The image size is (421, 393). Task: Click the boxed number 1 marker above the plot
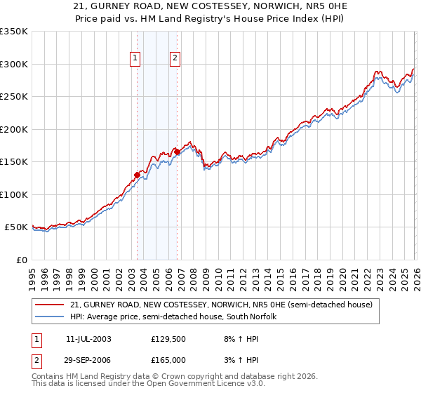point(135,59)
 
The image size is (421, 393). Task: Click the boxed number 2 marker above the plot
point(175,59)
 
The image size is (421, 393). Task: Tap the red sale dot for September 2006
point(177,152)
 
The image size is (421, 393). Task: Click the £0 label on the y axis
point(21,260)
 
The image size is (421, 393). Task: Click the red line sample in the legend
point(51,305)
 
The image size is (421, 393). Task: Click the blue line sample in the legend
point(51,317)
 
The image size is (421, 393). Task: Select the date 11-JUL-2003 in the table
point(88,338)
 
